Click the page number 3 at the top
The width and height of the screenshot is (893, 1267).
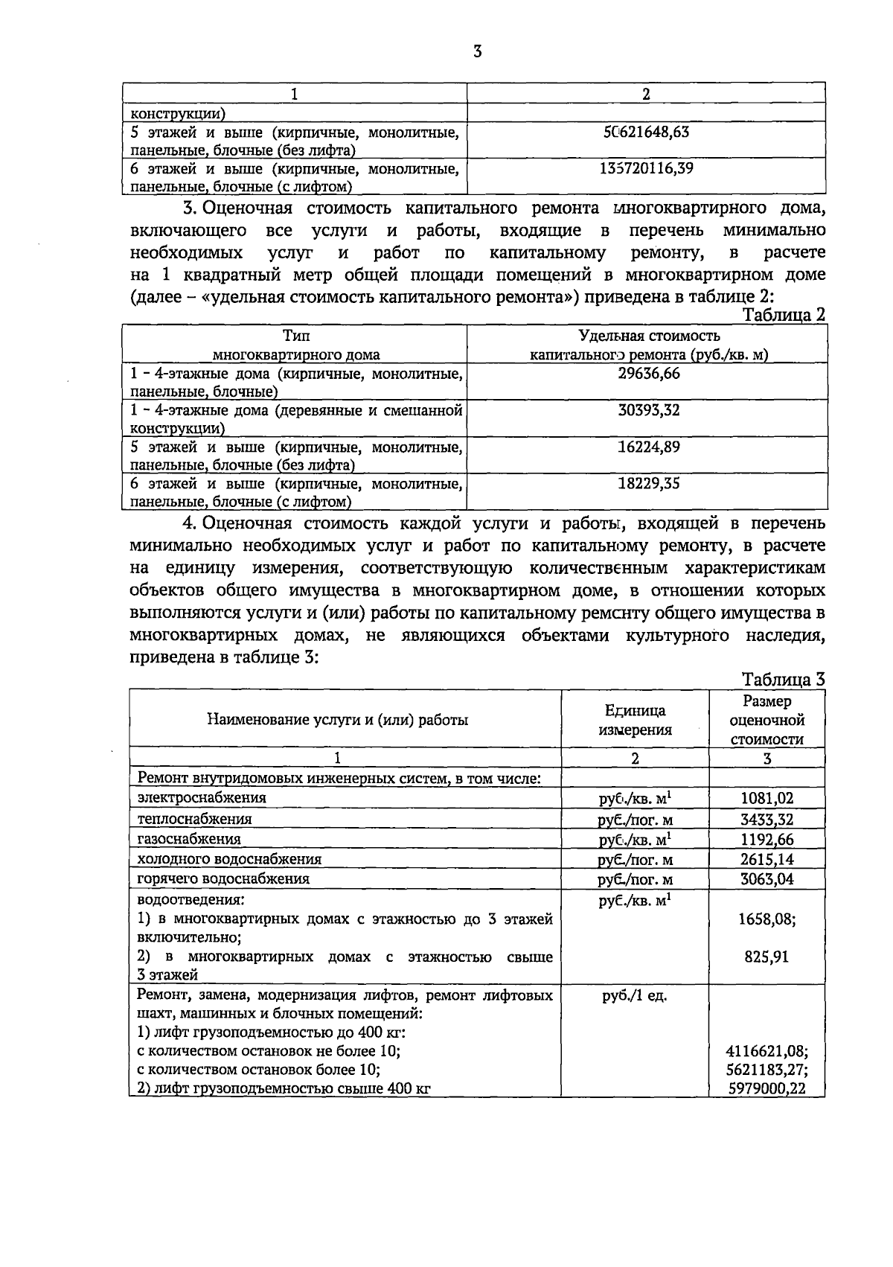tap(477, 51)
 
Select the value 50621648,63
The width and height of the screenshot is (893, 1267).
tap(646, 132)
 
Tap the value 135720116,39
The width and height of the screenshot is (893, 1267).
tap(646, 168)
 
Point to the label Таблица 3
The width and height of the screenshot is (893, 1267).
tap(784, 679)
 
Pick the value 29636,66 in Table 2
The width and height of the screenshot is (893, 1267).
tap(649, 373)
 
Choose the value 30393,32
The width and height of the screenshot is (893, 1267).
tap(649, 410)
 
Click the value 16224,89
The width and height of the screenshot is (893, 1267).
tap(649, 447)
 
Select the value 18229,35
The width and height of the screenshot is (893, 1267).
tap(649, 483)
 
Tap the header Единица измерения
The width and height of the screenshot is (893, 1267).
tap(635, 720)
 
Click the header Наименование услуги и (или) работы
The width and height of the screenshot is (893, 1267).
tap(337, 720)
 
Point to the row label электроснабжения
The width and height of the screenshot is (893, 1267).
tap(202, 797)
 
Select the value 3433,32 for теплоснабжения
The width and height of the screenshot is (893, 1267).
tap(767, 820)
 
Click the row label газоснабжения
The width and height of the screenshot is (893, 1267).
tap(189, 839)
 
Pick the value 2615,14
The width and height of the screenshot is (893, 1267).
tap(767, 859)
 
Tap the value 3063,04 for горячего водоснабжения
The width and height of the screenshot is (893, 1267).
tap(767, 879)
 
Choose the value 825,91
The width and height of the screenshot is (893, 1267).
tap(766, 957)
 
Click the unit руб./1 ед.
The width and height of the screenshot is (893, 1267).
tap(634, 995)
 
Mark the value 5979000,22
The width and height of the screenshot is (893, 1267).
tap(766, 1088)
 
